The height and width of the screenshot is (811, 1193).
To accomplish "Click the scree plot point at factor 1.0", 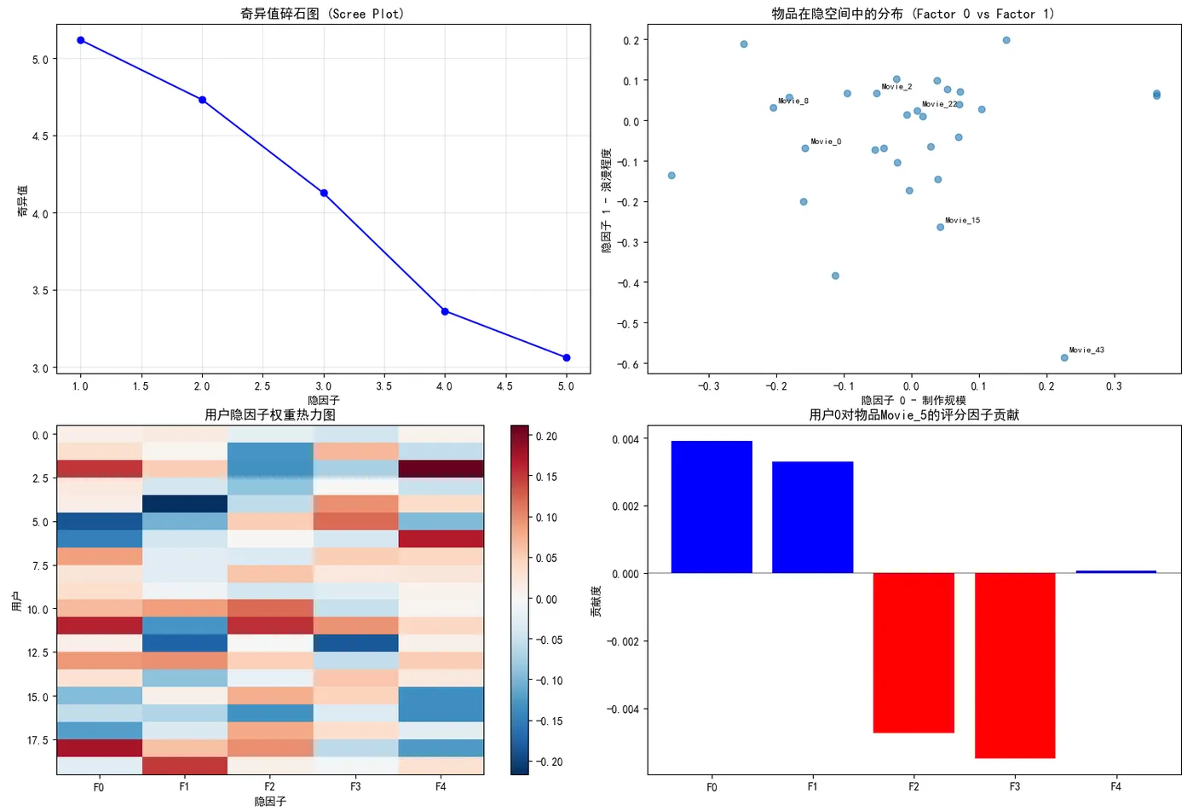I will click(x=81, y=40).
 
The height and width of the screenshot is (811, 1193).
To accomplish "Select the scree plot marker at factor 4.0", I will click(x=445, y=311).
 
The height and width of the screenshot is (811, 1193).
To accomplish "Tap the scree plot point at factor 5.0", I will click(x=567, y=357).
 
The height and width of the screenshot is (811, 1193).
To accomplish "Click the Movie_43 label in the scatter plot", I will click(x=1086, y=350).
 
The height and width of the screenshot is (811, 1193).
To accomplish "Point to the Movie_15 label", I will click(x=962, y=220).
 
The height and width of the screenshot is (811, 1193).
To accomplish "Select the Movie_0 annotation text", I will click(x=826, y=142).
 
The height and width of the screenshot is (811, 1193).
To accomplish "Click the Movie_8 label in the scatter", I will click(x=793, y=101).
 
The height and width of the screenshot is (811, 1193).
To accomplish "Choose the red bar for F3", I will click(x=1015, y=665).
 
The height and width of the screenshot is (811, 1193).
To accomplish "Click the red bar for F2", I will click(x=913, y=652).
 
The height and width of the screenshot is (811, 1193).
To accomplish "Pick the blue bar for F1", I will click(x=812, y=517).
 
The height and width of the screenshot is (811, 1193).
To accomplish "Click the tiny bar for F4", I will click(x=1115, y=571).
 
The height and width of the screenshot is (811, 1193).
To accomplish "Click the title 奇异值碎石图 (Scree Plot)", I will click(x=322, y=14).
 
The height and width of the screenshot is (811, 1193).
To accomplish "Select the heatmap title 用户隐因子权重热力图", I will click(x=270, y=415).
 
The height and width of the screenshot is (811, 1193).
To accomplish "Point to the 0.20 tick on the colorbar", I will click(x=546, y=437).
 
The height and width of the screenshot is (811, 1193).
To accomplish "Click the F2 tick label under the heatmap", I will click(x=269, y=786).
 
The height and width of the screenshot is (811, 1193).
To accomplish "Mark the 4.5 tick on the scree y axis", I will click(x=39, y=136).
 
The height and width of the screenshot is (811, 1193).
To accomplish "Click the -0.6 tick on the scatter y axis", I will click(x=630, y=364).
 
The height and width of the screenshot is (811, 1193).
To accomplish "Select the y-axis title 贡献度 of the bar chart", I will click(x=596, y=601).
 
